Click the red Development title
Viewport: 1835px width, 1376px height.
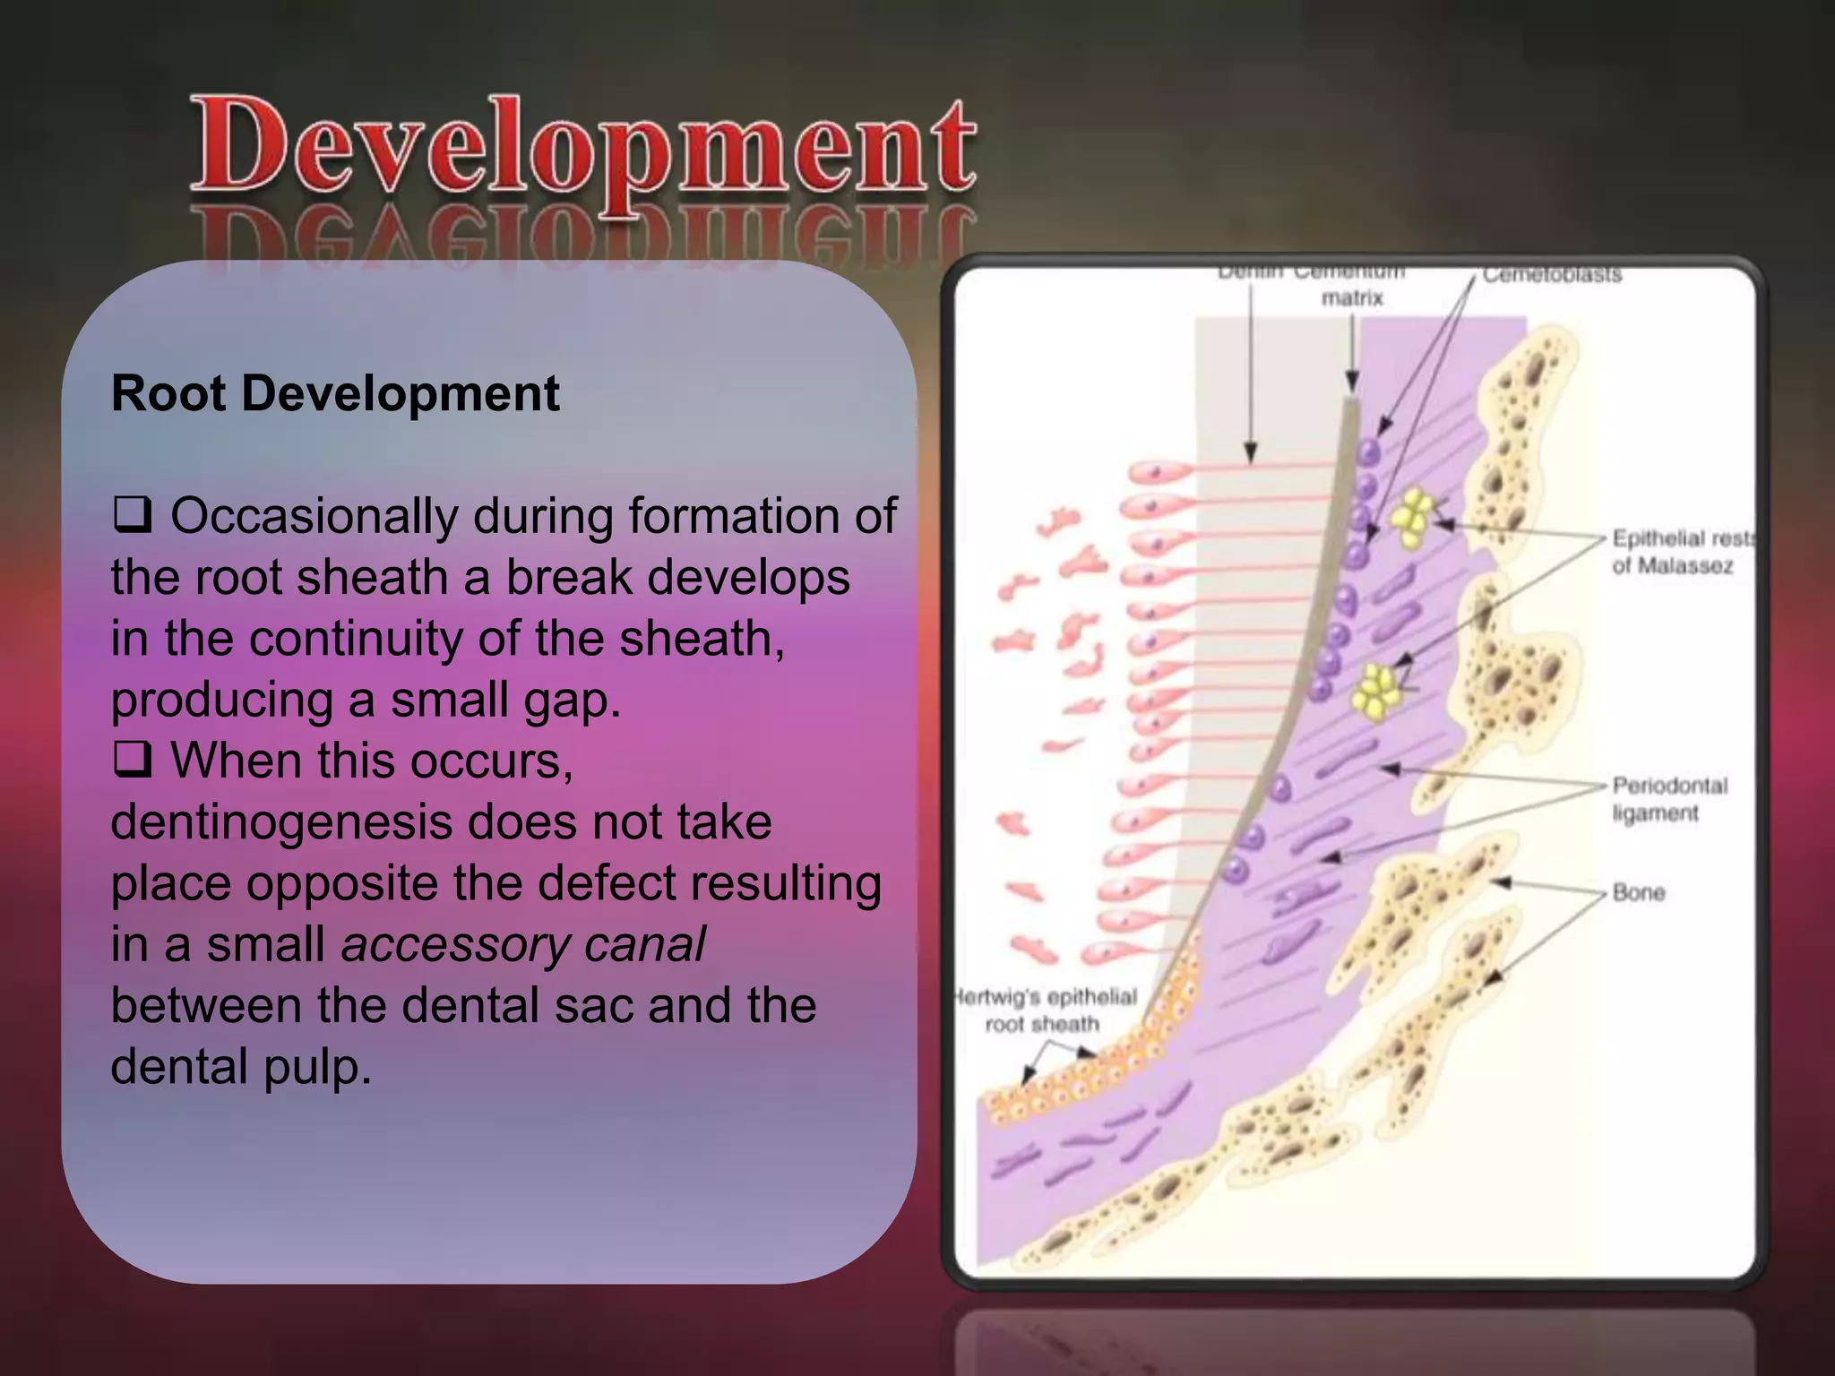tap(582, 148)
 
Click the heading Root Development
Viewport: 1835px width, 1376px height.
tap(335, 393)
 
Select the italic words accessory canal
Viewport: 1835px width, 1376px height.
tap(523, 944)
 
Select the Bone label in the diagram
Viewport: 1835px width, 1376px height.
tap(1638, 892)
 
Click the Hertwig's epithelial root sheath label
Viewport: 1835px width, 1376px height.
tap(1044, 1010)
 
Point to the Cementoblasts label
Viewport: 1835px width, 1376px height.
tap(1551, 275)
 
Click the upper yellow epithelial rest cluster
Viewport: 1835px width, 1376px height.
tap(1413, 519)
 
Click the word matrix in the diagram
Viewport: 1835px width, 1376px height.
tap(1351, 298)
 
